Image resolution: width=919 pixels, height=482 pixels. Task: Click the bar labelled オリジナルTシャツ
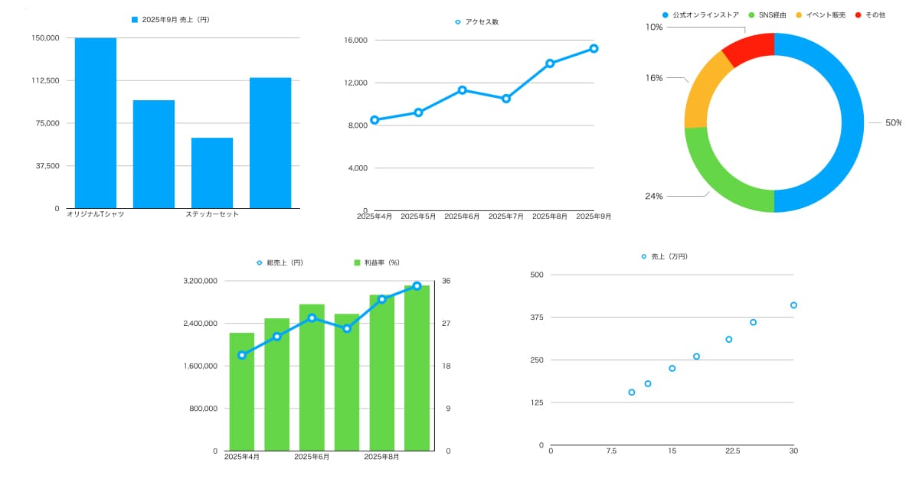coord(96,122)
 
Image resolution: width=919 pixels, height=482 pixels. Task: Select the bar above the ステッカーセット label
coord(212,173)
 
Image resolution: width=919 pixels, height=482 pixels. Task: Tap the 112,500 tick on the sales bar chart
coord(47,80)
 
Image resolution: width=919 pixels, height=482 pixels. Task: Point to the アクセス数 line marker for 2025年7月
coord(506,99)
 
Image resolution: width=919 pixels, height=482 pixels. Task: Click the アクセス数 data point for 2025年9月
coord(594,48)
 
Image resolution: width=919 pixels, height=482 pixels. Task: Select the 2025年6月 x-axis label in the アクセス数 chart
coord(462,217)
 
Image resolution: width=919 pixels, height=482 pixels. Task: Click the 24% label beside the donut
coord(653,196)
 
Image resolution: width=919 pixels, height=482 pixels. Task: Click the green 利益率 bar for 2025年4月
coord(242,392)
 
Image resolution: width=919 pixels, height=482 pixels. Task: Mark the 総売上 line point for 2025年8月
coord(382,299)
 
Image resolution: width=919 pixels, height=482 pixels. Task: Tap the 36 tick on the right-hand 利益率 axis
coord(446,282)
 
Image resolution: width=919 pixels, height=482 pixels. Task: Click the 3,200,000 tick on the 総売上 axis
coord(201,282)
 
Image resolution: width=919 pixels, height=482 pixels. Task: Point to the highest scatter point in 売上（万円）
coord(793,305)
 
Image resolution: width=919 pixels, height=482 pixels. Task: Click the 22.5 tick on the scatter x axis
coord(732,451)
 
